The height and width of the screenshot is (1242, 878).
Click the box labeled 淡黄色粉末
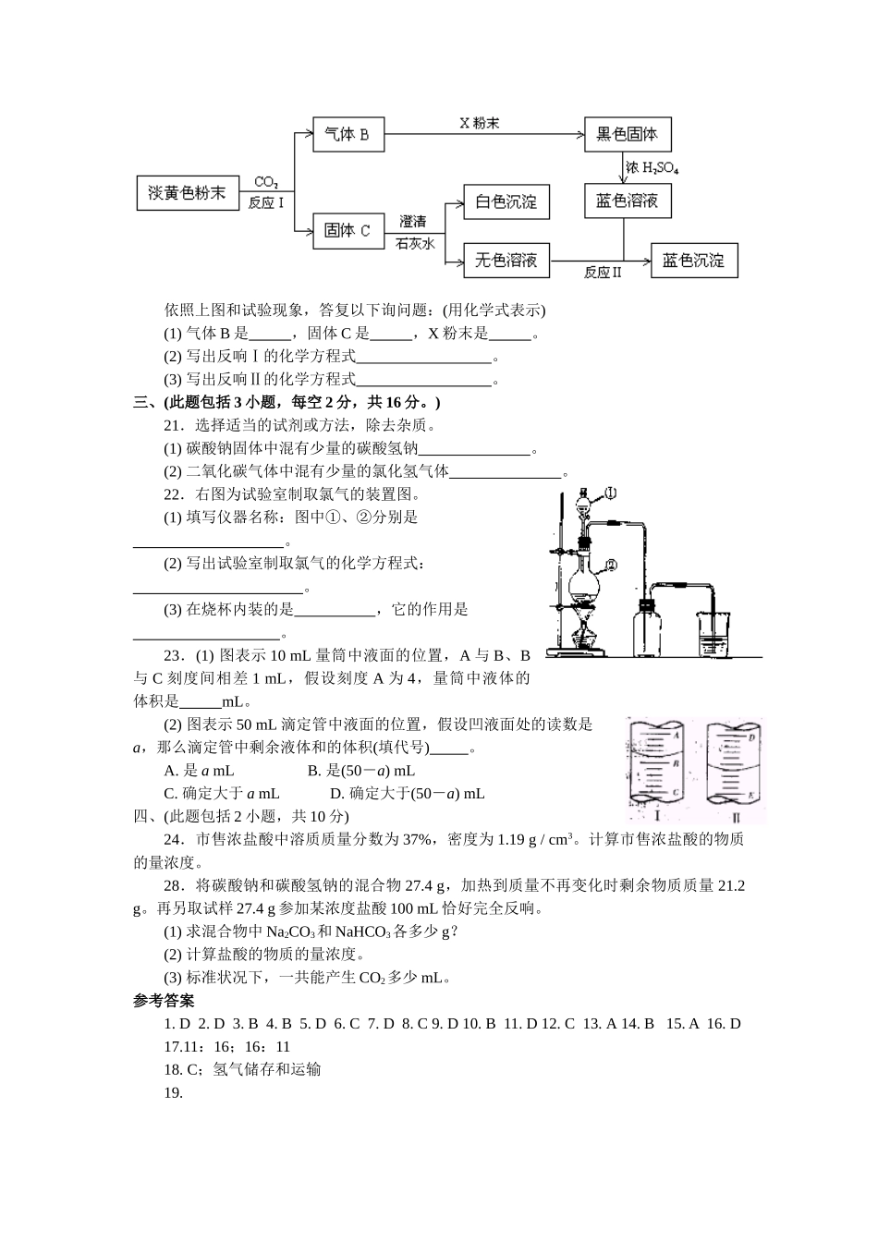[x=187, y=192]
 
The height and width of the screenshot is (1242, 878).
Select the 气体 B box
[x=348, y=135]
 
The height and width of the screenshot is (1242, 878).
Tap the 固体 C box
[x=348, y=231]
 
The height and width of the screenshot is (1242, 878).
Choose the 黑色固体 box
[x=628, y=135]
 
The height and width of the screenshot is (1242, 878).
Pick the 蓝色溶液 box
[x=628, y=201]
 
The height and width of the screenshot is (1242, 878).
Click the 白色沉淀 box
[x=506, y=201]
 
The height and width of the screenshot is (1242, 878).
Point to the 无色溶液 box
[x=506, y=261]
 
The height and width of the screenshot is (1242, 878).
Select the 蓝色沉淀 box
[x=694, y=261]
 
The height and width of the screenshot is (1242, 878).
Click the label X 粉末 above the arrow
[x=480, y=123]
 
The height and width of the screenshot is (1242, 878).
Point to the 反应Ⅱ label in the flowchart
[x=603, y=274]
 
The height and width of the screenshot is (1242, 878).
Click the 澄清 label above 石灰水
[x=413, y=222]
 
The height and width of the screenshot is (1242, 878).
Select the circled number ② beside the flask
[x=612, y=564]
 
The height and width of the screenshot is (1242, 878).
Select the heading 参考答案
[x=164, y=1000]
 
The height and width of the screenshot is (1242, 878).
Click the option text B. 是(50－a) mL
[x=360, y=771]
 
